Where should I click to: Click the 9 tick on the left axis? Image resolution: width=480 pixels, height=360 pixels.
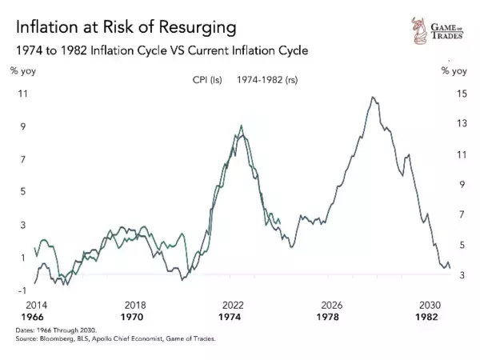pos(24,126)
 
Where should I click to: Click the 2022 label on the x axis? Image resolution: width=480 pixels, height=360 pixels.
pos(233,306)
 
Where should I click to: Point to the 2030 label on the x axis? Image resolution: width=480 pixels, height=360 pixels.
pos(430,306)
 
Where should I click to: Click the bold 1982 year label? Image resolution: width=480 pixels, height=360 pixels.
pos(430,317)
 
